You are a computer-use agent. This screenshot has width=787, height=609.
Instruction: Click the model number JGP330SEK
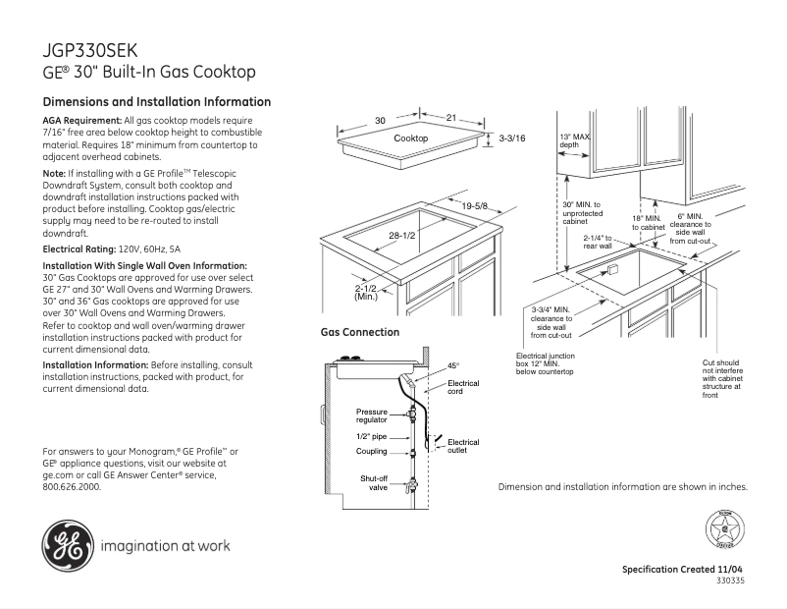click(91, 50)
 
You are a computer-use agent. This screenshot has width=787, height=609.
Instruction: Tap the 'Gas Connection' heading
click(359, 333)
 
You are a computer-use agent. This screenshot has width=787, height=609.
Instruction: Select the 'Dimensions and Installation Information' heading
click(157, 102)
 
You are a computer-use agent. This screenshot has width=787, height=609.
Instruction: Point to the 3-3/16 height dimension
click(512, 138)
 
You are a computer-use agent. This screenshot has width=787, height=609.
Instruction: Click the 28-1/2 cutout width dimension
click(403, 236)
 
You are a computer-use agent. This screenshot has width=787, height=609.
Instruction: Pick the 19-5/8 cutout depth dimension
click(475, 205)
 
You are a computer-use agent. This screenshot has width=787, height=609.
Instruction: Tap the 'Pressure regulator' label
click(372, 415)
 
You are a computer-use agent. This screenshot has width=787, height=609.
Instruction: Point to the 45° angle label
click(453, 365)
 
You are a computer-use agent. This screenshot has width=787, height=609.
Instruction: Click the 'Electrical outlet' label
click(463, 446)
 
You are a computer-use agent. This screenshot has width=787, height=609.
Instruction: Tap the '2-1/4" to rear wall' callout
click(598, 242)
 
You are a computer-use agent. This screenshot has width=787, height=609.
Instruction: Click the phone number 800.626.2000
click(72, 486)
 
